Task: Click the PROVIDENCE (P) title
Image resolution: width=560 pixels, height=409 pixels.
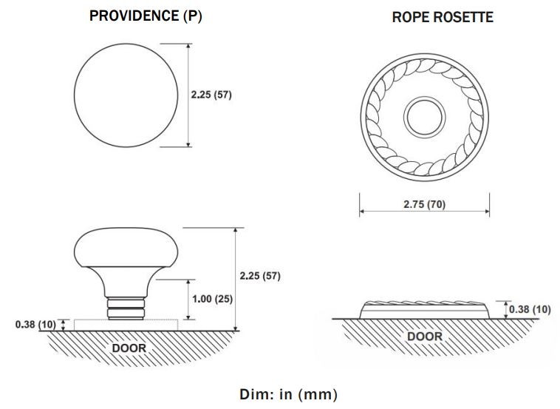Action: tap(146, 16)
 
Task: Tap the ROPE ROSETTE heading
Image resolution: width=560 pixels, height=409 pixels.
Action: tap(442, 16)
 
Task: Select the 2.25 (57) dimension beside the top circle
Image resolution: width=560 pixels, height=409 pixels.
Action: tap(211, 95)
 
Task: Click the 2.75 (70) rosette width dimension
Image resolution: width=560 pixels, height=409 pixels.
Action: tap(424, 204)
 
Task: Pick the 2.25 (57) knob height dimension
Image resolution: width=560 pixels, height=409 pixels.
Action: tap(261, 276)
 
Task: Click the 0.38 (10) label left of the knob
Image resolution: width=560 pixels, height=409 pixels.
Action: tap(35, 323)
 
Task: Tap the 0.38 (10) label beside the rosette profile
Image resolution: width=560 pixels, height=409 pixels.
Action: tap(530, 309)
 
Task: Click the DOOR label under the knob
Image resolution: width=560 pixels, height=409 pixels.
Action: tap(129, 347)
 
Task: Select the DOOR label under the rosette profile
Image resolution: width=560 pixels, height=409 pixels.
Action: tap(424, 337)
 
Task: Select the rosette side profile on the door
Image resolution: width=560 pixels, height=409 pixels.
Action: tap(424, 309)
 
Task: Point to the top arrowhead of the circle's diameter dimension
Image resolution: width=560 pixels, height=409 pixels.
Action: tap(188, 47)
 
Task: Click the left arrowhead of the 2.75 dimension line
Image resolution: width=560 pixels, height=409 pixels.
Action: tap(362, 211)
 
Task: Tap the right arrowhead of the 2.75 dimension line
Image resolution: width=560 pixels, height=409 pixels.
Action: tap(487, 211)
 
